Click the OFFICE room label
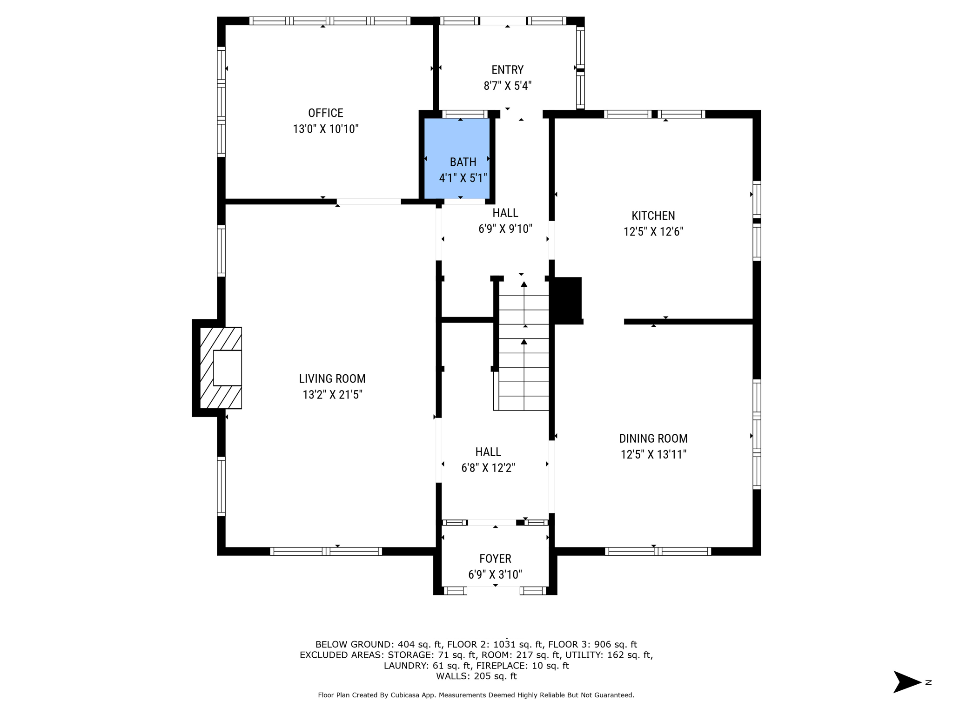326,113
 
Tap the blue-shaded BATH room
457,158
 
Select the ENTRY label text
508,70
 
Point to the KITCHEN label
653,216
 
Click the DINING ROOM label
653,438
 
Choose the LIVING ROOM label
332,379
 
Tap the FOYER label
496,559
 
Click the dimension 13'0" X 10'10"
326,129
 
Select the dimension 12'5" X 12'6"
653,231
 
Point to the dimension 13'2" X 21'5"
332,395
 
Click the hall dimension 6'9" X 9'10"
505,229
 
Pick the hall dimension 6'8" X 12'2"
488,468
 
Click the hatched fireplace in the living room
221,368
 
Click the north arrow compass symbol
907,682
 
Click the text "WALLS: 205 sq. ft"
476,676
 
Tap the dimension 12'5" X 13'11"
653,454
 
